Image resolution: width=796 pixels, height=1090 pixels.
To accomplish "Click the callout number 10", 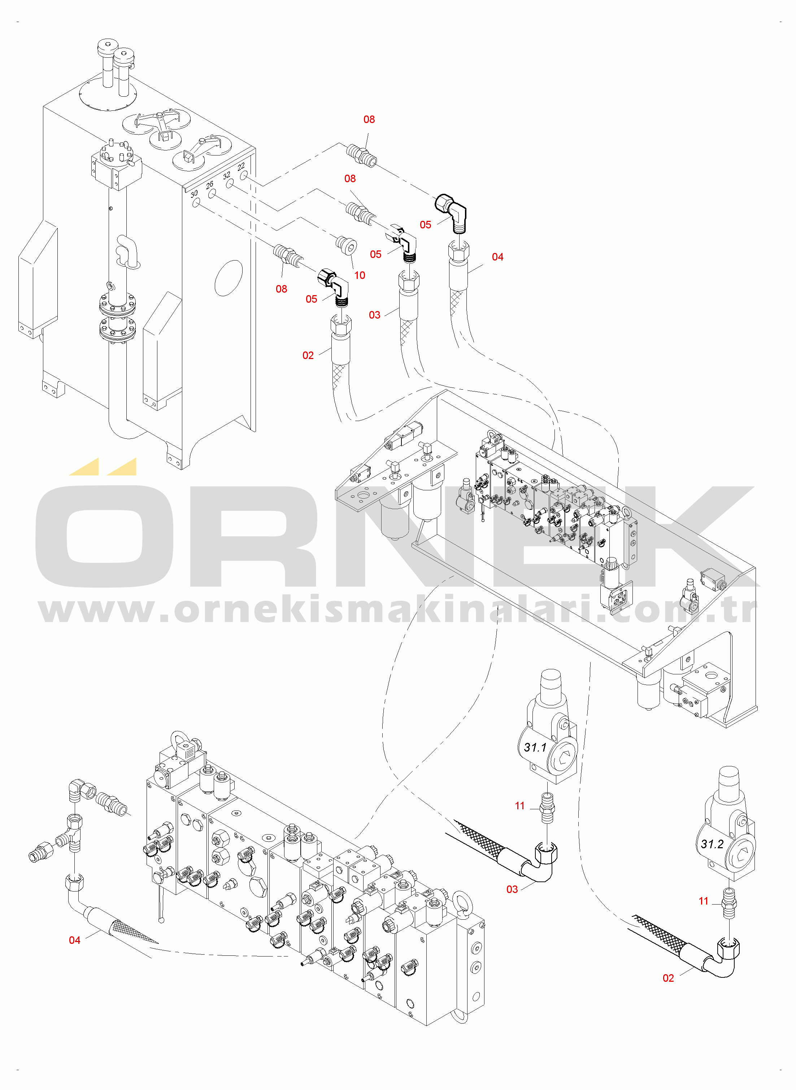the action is (360, 275).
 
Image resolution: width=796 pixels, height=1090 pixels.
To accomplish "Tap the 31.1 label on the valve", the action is (535, 747).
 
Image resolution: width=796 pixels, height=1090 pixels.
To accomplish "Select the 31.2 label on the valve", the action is (712, 844).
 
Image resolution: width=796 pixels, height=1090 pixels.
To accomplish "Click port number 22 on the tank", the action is (241, 167).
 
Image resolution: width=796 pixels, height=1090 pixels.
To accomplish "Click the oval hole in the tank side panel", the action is (229, 278).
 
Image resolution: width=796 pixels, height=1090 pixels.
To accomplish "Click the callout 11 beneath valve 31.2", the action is (704, 901).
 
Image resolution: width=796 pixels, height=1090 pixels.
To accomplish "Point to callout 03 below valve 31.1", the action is (512, 889).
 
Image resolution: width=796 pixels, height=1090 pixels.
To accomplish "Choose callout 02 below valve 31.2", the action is (668, 978).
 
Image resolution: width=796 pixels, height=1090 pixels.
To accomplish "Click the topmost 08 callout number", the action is (369, 119).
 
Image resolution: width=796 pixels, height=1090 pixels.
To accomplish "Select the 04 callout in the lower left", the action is (75, 940).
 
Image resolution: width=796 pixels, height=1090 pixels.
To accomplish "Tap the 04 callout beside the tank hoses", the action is (498, 257).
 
